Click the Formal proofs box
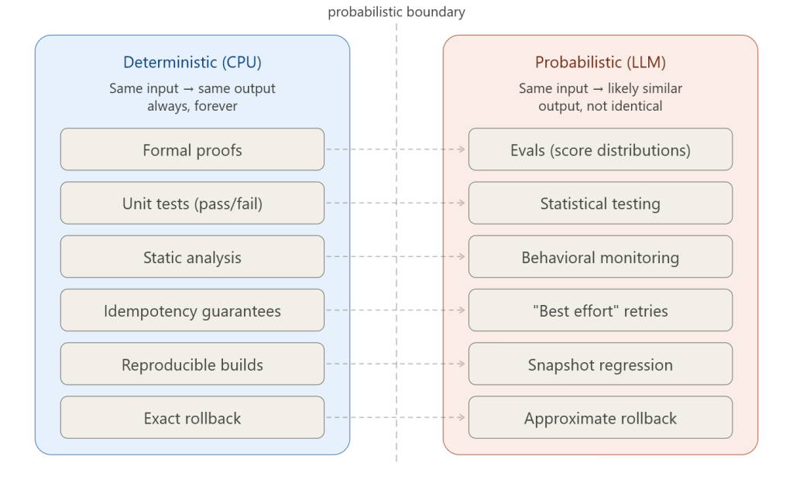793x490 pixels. pyautogui.click(x=192, y=149)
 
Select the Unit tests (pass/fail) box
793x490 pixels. pyautogui.click(x=192, y=204)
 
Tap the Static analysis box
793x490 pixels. pyautogui.click(x=192, y=257)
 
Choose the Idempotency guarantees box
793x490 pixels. pyautogui.click(x=192, y=310)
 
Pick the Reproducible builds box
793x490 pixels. pyautogui.click(x=192, y=364)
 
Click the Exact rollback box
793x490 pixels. pyautogui.click(x=192, y=418)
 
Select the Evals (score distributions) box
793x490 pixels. pyautogui.click(x=600, y=149)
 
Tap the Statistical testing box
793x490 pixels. pyautogui.click(x=600, y=204)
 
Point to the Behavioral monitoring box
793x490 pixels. pyautogui.click(x=600, y=257)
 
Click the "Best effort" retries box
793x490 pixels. pyautogui.click(x=600, y=310)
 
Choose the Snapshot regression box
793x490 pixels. pyautogui.click(x=600, y=364)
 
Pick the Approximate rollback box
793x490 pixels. pyautogui.click(x=600, y=418)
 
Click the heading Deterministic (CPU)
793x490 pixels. pyautogui.click(x=192, y=63)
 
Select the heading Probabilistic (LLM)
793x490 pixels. pyautogui.click(x=600, y=63)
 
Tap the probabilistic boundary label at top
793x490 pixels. pyautogui.click(x=396, y=12)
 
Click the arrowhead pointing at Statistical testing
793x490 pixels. pyautogui.click(x=463, y=203)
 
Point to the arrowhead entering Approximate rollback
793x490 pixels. pyautogui.click(x=463, y=417)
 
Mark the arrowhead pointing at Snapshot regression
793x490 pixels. pyautogui.click(x=463, y=364)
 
